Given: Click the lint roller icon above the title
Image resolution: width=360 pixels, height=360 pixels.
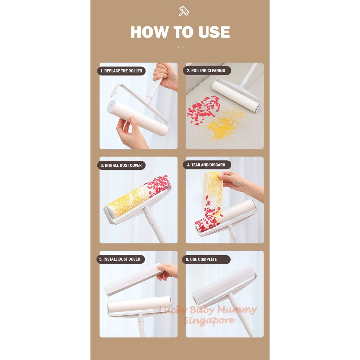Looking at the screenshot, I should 184,11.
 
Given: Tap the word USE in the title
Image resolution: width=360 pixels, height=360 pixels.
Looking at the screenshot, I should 212,32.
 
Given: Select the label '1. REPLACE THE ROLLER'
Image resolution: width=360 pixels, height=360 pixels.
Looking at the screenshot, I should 121,71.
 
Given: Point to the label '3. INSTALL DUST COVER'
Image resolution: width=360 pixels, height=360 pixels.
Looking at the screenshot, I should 121,165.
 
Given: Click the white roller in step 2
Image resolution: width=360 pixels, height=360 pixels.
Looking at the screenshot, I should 236,95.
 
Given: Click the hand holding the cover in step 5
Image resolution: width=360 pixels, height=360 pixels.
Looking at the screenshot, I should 168,271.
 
